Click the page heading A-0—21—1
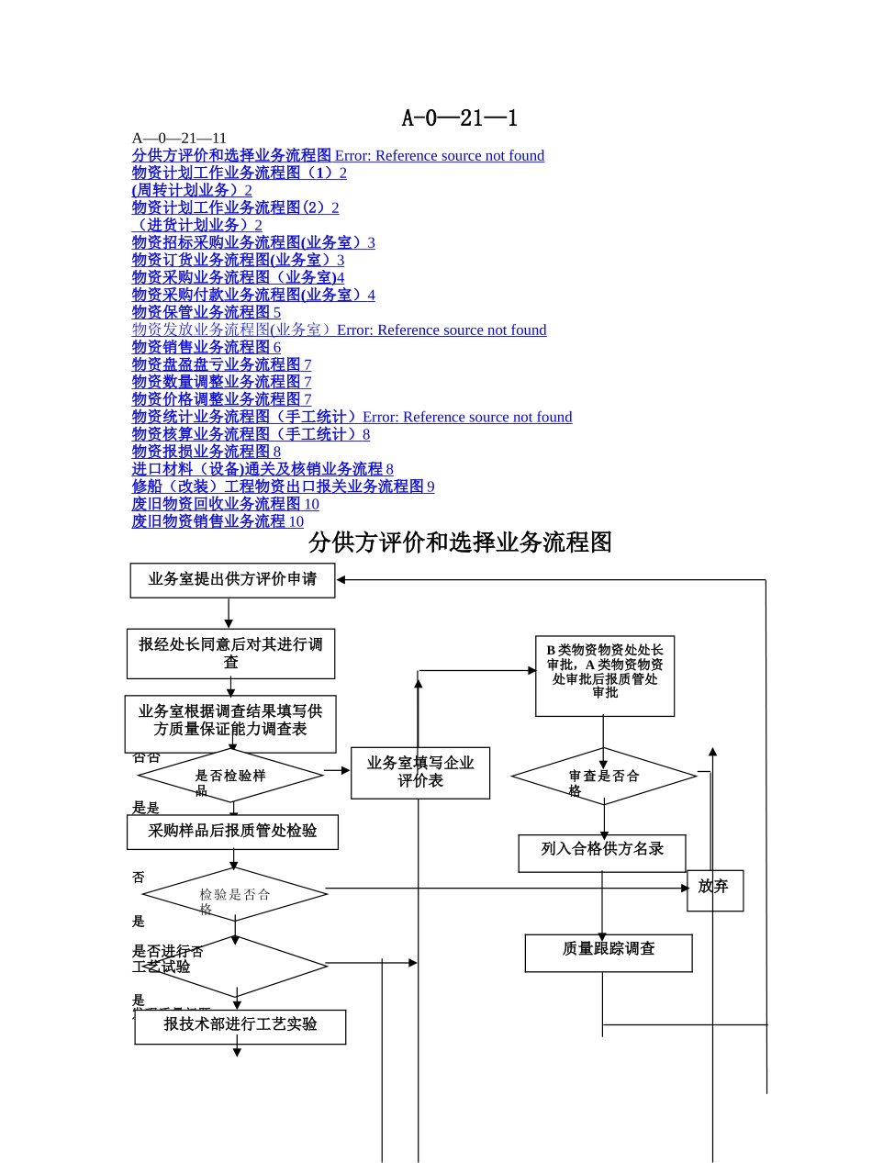pyautogui.click(x=460, y=117)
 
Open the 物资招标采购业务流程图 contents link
pyautogui.click(x=253, y=242)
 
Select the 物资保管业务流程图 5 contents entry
pyautogui.click(x=207, y=312)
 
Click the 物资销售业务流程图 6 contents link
pyautogui.click(x=207, y=347)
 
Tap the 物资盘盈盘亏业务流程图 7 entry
pyautogui.click(x=221, y=364)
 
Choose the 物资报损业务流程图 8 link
pyautogui.click(x=207, y=452)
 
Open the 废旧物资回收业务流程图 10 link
pyautogui.click(x=225, y=504)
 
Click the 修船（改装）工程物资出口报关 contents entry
pyautogui.click(x=283, y=486)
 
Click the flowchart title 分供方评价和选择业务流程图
pyautogui.click(x=460, y=542)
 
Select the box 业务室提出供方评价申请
pyautogui.click(x=232, y=580)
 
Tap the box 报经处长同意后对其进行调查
pyautogui.click(x=230, y=654)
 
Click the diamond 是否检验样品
pyautogui.click(x=230, y=776)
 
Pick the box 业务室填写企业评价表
pyautogui.click(x=420, y=772)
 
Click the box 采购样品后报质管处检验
pyautogui.click(x=232, y=832)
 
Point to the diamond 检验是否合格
pyautogui.click(x=235, y=894)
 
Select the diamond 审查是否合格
pyautogui.click(x=603, y=777)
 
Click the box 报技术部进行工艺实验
pyautogui.click(x=240, y=1026)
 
